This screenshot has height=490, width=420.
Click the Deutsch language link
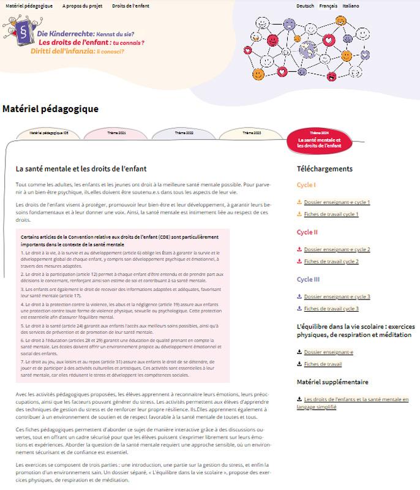[x=305, y=6]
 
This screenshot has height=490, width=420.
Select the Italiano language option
[x=351, y=6]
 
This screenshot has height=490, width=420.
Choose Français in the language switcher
[x=328, y=6]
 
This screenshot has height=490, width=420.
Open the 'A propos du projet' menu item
[x=82, y=6]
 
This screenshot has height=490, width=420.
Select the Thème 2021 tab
[x=116, y=133]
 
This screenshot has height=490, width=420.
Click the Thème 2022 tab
[x=184, y=133]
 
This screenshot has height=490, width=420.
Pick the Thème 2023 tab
[x=252, y=133]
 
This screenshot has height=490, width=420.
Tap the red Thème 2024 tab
[x=323, y=140]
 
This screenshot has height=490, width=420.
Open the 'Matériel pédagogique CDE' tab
[x=49, y=133]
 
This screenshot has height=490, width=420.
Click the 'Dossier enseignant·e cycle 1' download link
[x=337, y=202]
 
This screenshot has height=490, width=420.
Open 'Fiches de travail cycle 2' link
[x=331, y=262]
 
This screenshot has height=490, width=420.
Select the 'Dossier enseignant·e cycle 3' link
[x=337, y=296]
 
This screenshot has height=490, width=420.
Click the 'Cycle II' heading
[x=307, y=232]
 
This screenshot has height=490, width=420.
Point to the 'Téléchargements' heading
[x=324, y=168]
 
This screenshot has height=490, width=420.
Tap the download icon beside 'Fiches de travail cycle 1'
[x=299, y=214]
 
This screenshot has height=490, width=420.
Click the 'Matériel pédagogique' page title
[x=50, y=109]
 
